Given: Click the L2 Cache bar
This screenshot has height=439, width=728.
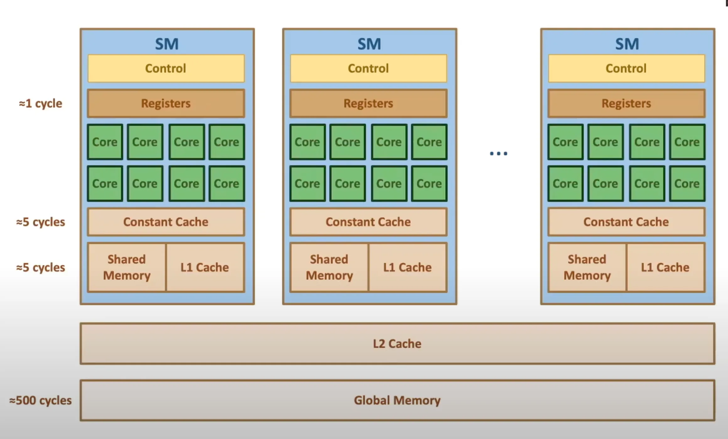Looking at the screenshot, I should [x=397, y=344].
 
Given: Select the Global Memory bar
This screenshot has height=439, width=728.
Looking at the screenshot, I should [x=397, y=400].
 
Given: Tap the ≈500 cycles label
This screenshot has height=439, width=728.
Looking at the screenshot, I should [x=40, y=400].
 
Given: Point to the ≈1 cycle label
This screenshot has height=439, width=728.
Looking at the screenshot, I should [x=40, y=103].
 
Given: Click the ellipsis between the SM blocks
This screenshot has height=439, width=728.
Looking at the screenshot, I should [x=499, y=153].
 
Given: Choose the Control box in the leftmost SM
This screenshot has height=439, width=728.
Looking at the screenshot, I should [x=166, y=68].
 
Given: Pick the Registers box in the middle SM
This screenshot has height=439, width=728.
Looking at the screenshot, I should [x=368, y=103].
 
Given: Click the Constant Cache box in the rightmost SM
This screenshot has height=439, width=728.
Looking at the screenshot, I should [x=626, y=222].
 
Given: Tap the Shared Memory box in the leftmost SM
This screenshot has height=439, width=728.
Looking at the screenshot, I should [x=127, y=267].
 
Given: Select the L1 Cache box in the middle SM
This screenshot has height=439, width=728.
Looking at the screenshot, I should [x=407, y=267].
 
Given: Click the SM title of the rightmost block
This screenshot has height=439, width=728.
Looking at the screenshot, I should [x=627, y=44].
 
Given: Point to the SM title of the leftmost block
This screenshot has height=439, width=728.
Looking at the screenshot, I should [x=167, y=44].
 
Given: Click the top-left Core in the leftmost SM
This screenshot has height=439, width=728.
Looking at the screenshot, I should [x=105, y=142].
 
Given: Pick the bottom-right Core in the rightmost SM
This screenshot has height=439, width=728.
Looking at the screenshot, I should [x=687, y=184].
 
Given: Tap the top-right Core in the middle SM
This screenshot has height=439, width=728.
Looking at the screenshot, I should [x=429, y=142].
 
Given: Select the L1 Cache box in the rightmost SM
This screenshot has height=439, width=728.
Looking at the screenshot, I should [x=665, y=267].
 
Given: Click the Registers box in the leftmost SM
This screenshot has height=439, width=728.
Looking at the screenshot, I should [x=166, y=103].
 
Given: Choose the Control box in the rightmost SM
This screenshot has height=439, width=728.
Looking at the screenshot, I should [x=626, y=68].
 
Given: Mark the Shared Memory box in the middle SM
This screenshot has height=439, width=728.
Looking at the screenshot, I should [x=329, y=267].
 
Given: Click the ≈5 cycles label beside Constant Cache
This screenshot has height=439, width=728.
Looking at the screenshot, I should [x=40, y=222].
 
